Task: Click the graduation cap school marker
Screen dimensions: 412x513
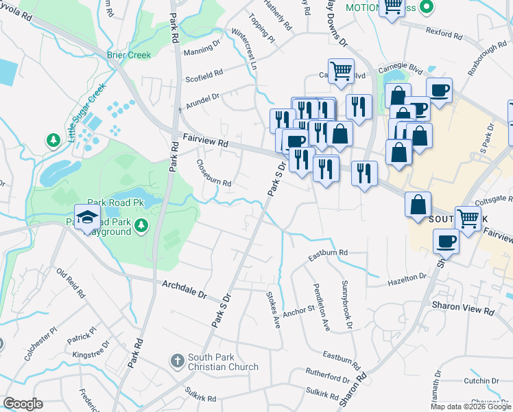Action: click(87, 218)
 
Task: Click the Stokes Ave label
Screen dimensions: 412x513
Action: click(274, 310)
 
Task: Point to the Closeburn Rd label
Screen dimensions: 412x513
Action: click(213, 174)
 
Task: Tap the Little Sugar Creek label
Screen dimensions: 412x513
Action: click(86, 112)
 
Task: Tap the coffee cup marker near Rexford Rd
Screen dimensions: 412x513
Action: click(439, 89)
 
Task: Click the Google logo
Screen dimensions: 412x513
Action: click(23, 404)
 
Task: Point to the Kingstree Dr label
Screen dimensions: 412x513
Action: click(91, 354)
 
